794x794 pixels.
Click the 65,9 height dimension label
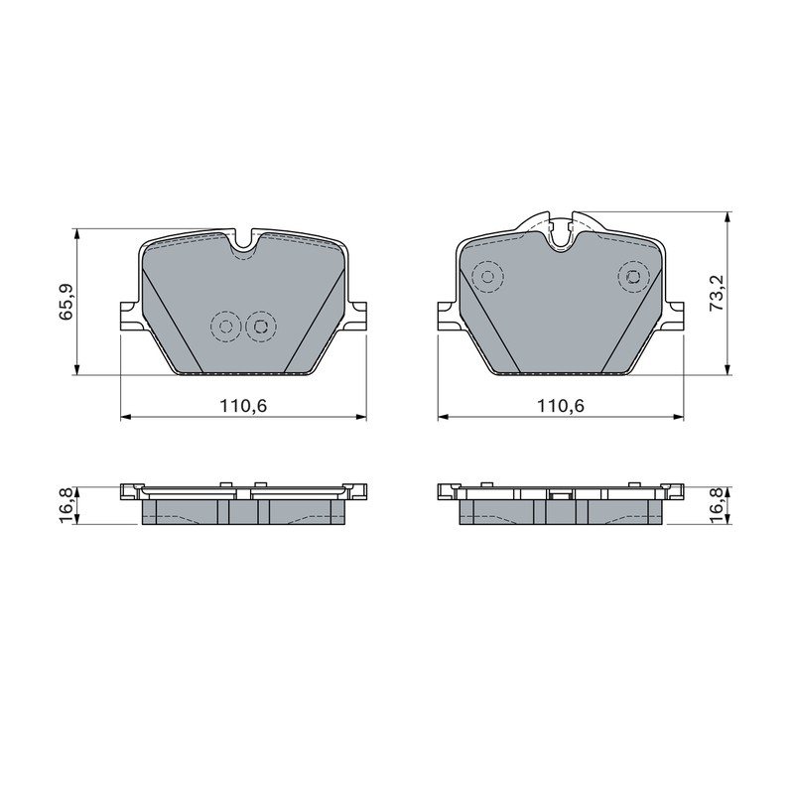click(66, 302)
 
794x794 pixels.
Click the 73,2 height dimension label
click(718, 293)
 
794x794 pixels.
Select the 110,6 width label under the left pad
click(243, 405)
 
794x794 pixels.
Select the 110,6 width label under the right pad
click(561, 405)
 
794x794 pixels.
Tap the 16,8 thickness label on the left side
click(66, 505)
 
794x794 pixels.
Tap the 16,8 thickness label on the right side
click(718, 505)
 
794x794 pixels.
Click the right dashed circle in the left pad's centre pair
click(261, 327)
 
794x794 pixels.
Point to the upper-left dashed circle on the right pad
click(487, 277)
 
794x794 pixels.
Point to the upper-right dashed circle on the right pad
click(633, 277)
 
